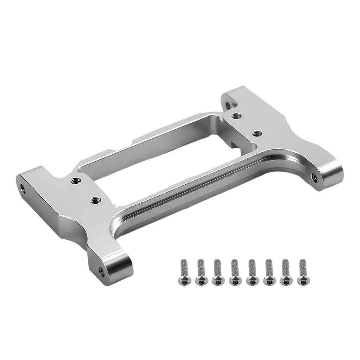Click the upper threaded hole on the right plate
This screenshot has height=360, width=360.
coord(235,115)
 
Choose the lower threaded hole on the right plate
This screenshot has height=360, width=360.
coord(256,133)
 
